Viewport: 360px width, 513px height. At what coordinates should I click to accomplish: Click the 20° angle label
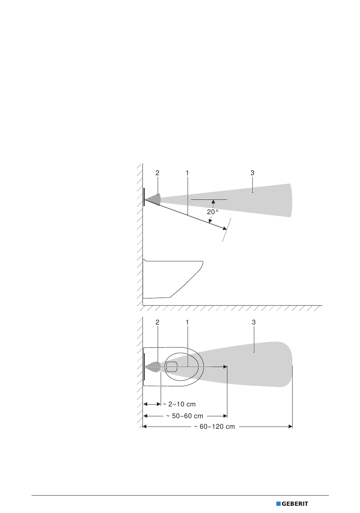[x=213, y=212]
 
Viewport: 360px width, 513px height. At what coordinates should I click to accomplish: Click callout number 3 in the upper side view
[x=252, y=173]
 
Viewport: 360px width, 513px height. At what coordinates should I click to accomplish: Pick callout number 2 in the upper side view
[x=157, y=173]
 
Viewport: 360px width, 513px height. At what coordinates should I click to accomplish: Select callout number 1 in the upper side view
[x=187, y=173]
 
